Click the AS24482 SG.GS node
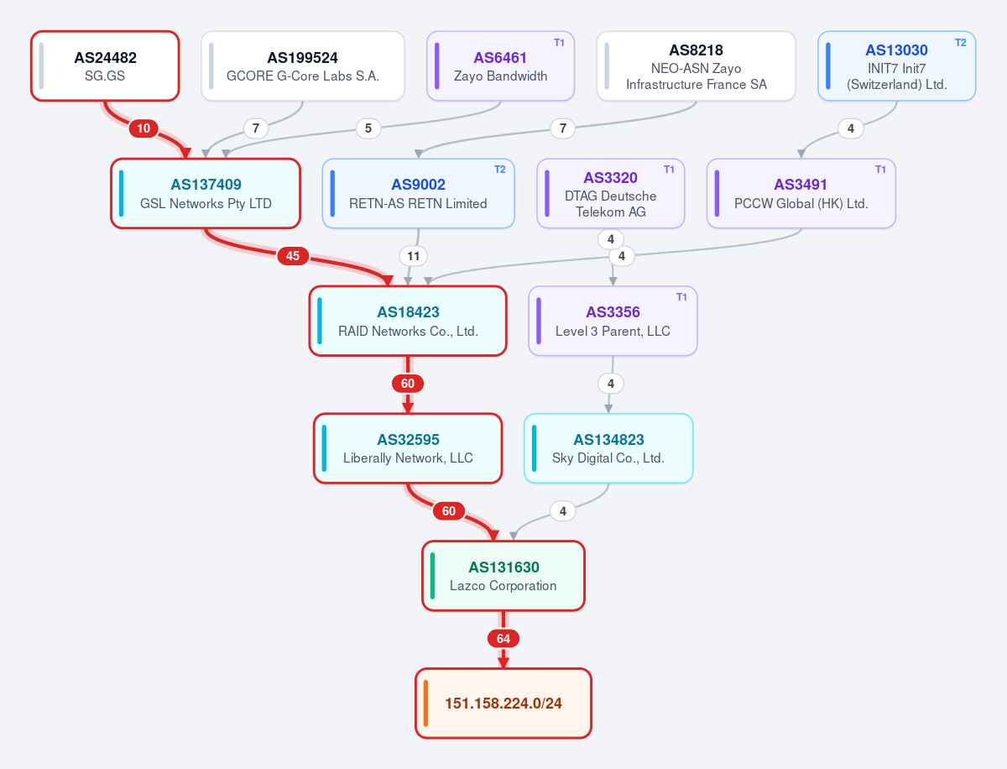[105, 66]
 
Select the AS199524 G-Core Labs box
[303, 66]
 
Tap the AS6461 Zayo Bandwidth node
[500, 66]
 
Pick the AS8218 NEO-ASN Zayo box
[696, 66]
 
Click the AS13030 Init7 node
[896, 66]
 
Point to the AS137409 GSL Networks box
[206, 193]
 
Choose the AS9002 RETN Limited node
[419, 193]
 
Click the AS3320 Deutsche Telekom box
[611, 193]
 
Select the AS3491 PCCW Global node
[801, 193]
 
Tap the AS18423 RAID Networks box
[408, 321]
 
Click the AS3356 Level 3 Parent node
[613, 321]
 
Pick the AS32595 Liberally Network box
[408, 448]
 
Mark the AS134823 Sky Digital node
[608, 448]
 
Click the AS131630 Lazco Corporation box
[503, 576]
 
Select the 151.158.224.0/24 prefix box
[503, 704]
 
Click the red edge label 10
[143, 128]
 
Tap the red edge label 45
[293, 256]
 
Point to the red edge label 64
[503, 639]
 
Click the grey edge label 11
[414, 256]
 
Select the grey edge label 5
[368, 128]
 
